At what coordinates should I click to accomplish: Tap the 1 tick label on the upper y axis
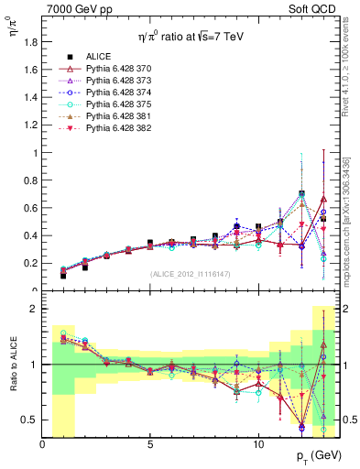35,153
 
